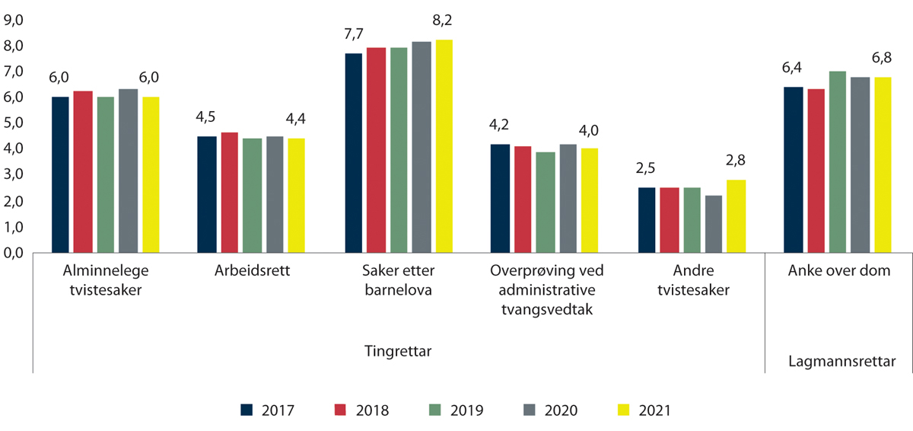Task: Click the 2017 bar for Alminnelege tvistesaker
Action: coord(60,174)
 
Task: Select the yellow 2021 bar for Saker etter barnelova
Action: coord(444,145)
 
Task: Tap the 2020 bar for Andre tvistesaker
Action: coord(713,224)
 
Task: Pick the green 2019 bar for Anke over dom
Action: coord(838,161)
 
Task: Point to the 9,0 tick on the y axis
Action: coord(15,20)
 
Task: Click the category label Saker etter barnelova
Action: coord(398,280)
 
